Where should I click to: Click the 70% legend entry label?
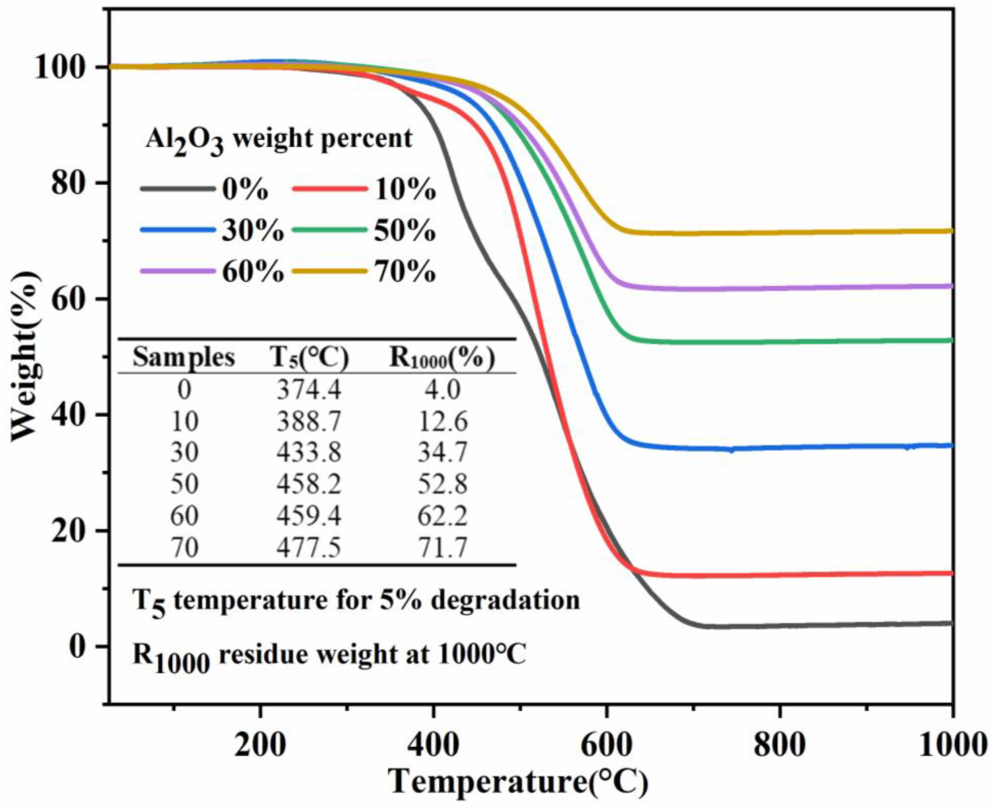pos(405,272)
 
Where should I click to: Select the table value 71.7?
pos(442,547)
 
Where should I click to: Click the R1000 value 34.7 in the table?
pos(442,452)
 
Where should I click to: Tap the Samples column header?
pos(184,358)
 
